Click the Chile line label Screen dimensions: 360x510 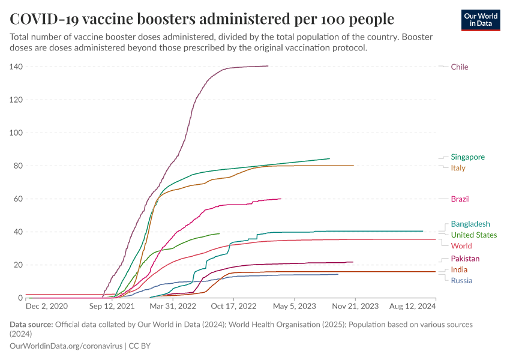[x=459, y=67]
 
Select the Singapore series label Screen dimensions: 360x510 [x=467, y=157]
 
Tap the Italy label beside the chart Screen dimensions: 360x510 [x=458, y=168]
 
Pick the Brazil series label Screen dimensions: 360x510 [x=460, y=199]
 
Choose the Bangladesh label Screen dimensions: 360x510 [x=470, y=224]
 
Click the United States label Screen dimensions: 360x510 [x=473, y=235]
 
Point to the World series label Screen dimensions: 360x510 [x=461, y=246]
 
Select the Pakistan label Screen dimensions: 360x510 [x=465, y=259]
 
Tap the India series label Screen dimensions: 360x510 [x=459, y=270]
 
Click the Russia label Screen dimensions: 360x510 [x=461, y=281]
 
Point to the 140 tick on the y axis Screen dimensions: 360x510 [x=16, y=67]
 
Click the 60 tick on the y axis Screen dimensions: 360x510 [x=18, y=199]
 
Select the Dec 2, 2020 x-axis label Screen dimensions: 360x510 [x=51, y=306]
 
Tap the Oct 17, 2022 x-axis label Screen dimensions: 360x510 [x=233, y=306]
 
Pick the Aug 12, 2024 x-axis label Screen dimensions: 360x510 [x=412, y=306]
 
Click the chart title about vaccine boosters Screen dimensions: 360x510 [x=202, y=19]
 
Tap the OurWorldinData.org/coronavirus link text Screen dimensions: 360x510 [x=66, y=346]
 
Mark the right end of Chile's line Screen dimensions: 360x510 [x=268, y=66]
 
